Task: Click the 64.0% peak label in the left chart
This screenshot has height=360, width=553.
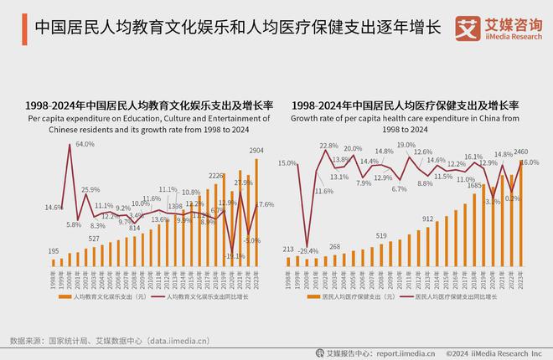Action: (85, 144)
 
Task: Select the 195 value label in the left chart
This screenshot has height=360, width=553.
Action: (53, 251)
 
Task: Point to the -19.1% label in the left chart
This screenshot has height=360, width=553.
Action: (235, 256)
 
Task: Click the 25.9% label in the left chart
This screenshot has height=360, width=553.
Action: (90, 190)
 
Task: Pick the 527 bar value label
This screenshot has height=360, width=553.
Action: (95, 239)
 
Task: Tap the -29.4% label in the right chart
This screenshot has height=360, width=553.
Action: (309, 251)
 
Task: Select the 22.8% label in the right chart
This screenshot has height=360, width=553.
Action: (328, 146)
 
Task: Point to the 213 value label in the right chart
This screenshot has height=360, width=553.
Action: (289, 249)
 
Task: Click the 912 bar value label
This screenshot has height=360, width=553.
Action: (428, 219)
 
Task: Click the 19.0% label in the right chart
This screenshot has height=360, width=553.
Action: (406, 145)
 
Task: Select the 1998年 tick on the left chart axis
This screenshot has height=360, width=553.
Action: (53, 278)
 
